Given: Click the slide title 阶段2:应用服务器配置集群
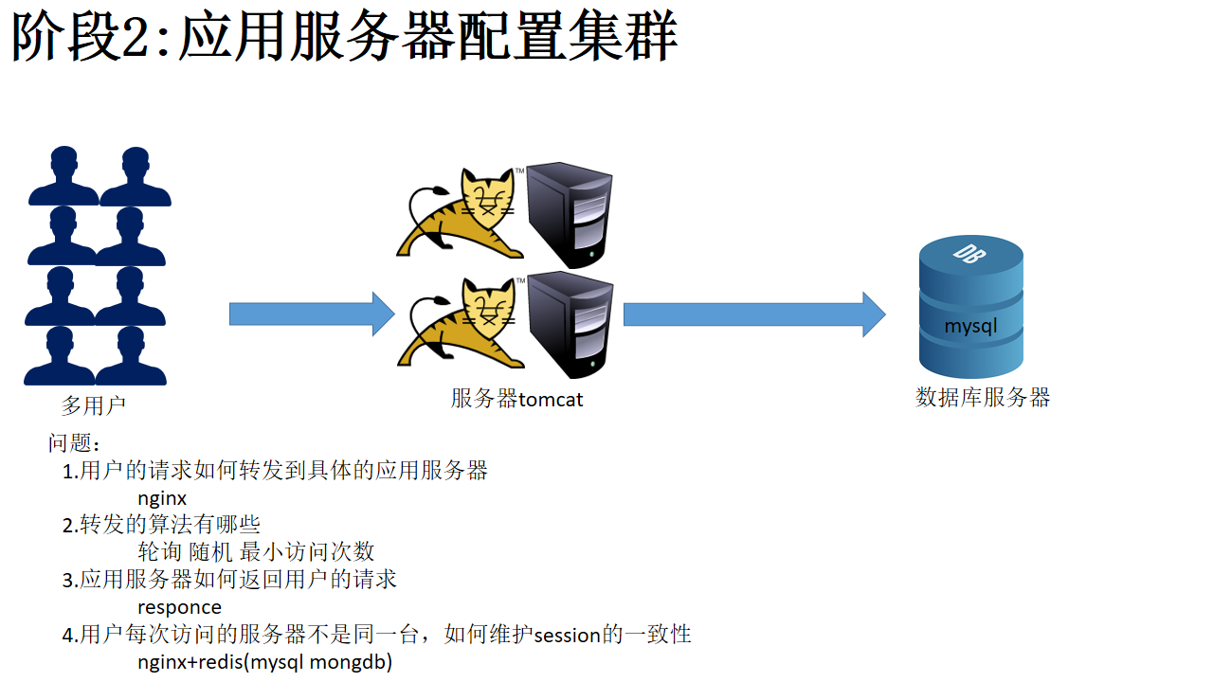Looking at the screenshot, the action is click(x=344, y=37).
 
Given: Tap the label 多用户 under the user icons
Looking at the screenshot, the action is click(x=94, y=405).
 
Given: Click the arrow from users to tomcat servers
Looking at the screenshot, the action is click(x=312, y=314).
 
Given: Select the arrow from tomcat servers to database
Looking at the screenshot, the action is click(x=754, y=314).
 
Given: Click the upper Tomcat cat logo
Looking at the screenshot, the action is click(x=461, y=214).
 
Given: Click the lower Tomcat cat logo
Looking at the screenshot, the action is click(x=462, y=323).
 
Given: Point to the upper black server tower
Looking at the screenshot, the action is click(x=570, y=215).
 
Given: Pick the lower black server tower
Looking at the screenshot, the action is click(x=570, y=325).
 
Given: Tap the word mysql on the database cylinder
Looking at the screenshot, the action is click(x=970, y=327).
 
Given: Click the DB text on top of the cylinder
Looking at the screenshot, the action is click(x=969, y=254).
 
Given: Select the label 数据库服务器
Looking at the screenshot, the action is click(x=983, y=398).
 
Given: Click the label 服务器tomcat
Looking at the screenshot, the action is click(x=516, y=399).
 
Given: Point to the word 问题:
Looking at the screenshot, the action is click(x=74, y=442).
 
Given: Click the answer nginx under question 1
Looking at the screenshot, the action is click(x=162, y=498).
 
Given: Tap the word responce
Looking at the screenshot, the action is click(x=179, y=607).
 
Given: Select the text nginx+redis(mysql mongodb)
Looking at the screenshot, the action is click(x=264, y=662).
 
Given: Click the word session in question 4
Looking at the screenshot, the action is click(x=567, y=635).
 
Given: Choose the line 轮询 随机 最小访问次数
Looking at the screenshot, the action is click(x=256, y=551).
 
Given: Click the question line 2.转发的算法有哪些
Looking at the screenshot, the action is click(x=161, y=525).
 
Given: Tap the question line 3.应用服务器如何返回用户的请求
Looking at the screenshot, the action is click(x=229, y=579).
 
